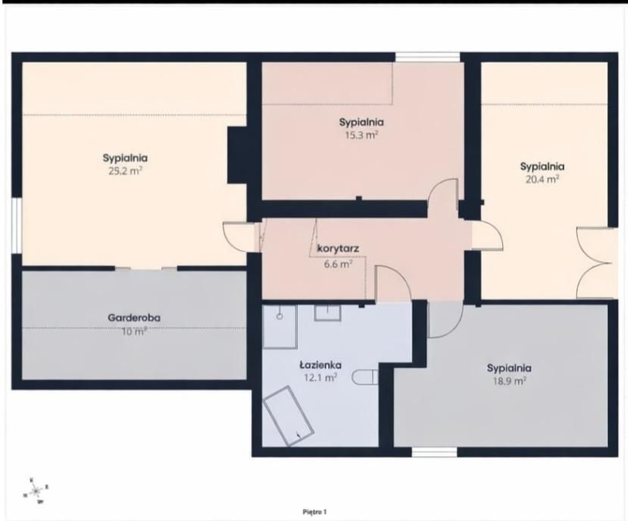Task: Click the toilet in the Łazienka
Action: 367,377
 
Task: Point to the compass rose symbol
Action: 35,489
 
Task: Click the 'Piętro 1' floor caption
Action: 314,513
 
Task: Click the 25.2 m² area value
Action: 125,171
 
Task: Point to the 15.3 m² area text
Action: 361,135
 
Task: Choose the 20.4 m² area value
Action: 542,179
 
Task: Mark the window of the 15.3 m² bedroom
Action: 427,57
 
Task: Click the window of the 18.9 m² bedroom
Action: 433,453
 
